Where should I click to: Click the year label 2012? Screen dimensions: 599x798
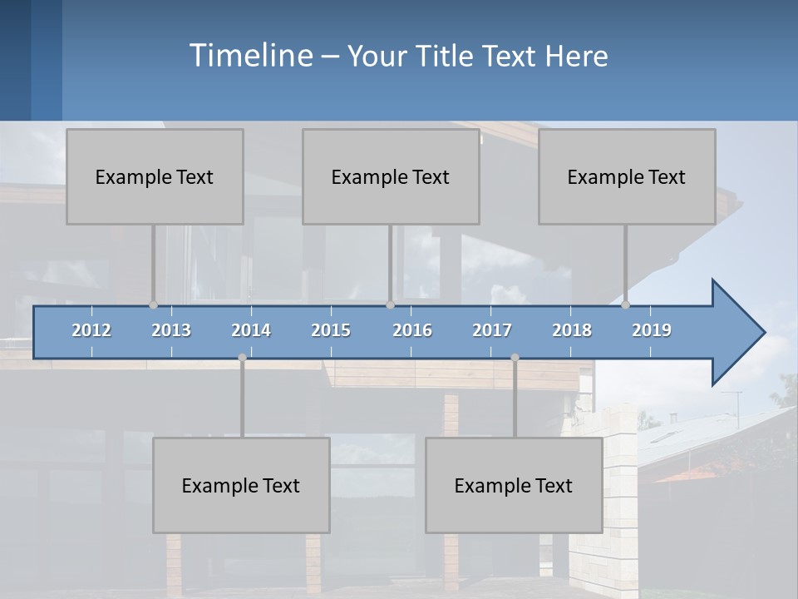[x=91, y=330]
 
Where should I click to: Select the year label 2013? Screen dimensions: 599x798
[x=171, y=330]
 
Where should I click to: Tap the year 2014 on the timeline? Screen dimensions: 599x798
[x=251, y=330]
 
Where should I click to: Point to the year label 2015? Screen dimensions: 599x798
[x=331, y=330]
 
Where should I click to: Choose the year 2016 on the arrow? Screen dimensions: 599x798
[x=412, y=330]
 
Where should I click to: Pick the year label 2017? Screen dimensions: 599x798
[x=492, y=330]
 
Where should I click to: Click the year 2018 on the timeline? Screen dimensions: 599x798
[x=572, y=330]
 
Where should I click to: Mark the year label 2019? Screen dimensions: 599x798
[x=652, y=330]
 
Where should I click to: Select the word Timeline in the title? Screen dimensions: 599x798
[x=249, y=56]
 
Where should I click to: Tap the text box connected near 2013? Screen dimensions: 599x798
[x=155, y=176]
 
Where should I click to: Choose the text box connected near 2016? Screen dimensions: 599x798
[x=391, y=176]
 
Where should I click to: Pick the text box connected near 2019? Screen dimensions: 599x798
[x=627, y=176]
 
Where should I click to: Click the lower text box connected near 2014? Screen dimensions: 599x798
[x=241, y=485]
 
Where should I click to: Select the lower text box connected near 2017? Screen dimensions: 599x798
[x=514, y=485]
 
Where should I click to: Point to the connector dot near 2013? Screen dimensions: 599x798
[x=153, y=304]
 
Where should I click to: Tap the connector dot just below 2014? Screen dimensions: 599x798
[x=242, y=358]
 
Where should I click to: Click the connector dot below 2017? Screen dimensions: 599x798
[x=515, y=358]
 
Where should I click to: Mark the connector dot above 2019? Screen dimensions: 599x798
[x=626, y=304]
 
